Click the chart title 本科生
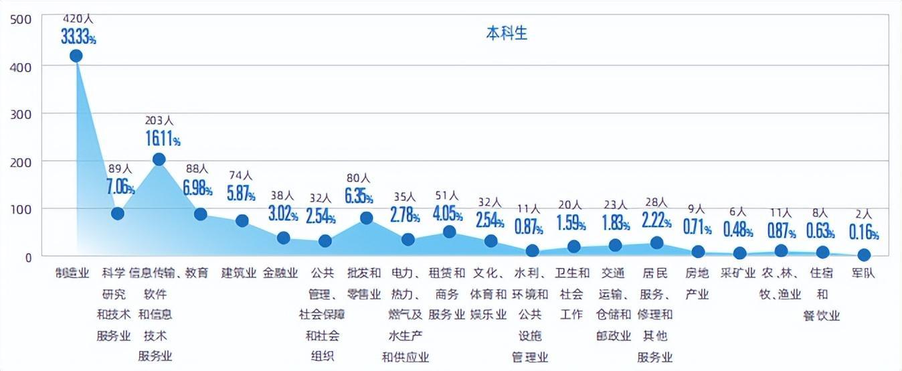click(x=507, y=33)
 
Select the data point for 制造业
click(x=76, y=56)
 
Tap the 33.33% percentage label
click(x=78, y=38)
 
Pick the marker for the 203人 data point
click(x=159, y=159)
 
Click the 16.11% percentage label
click(x=163, y=139)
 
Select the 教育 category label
click(x=196, y=273)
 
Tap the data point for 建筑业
click(x=242, y=220)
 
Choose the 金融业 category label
click(x=280, y=273)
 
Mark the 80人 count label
click(x=358, y=178)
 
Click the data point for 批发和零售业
click(x=366, y=218)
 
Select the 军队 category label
click(x=863, y=273)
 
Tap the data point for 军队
click(x=864, y=254)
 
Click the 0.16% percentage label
click(x=864, y=232)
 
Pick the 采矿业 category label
click(x=738, y=273)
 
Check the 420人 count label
click(x=78, y=19)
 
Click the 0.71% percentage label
click(x=697, y=227)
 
